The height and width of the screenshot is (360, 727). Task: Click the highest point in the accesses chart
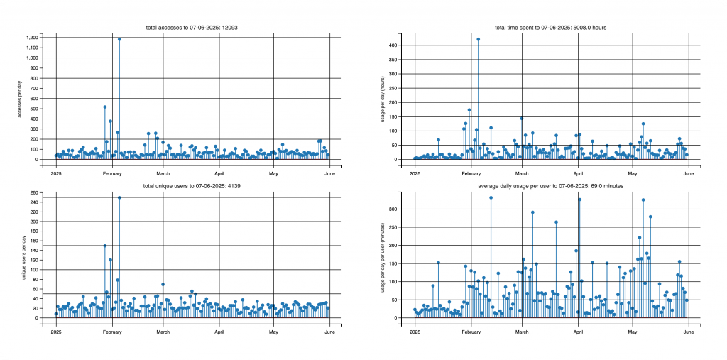[119, 39]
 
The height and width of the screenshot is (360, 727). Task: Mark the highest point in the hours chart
[479, 39]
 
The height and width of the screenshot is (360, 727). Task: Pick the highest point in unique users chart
[119, 197]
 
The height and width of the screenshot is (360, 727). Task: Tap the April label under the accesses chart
[219, 173]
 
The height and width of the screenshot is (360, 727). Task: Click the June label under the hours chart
[687, 173]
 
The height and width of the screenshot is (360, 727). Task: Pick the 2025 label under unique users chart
[56, 331]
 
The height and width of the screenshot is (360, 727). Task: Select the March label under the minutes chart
[523, 331]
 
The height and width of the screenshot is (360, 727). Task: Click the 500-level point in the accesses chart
[105, 107]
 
